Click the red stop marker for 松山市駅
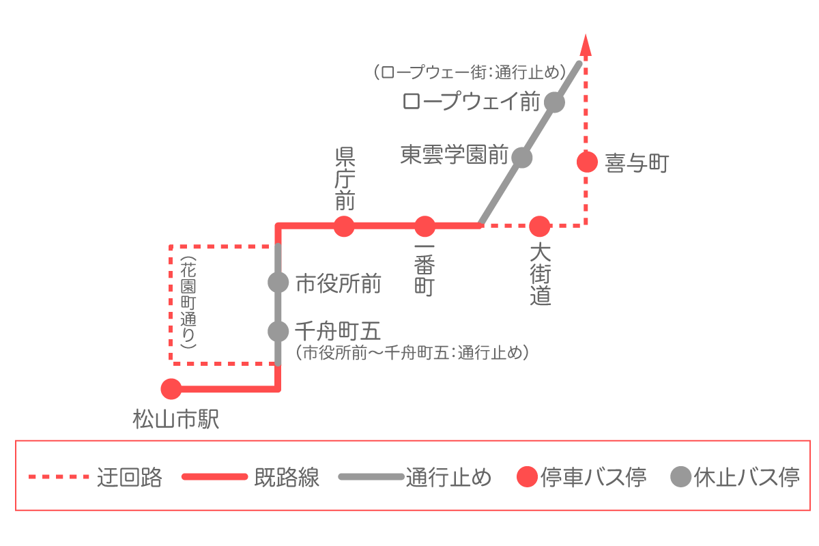[x=171, y=389]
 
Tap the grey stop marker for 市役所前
[x=278, y=282]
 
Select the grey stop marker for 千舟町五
[x=278, y=331]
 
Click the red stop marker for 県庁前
[x=344, y=225]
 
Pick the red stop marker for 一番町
[x=425, y=225]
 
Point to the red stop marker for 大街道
[x=539, y=225]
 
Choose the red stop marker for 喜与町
[x=586, y=162]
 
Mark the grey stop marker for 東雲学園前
[x=521, y=158]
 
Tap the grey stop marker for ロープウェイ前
[x=554, y=103]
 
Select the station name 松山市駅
[x=176, y=419]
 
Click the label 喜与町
[x=636, y=163]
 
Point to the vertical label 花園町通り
[x=188, y=304]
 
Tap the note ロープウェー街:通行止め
[x=470, y=72]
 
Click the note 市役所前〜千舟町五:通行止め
[x=414, y=353]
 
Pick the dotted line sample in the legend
[x=59, y=476]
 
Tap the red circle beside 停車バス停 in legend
[x=526, y=476]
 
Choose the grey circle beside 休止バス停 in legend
[x=680, y=476]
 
